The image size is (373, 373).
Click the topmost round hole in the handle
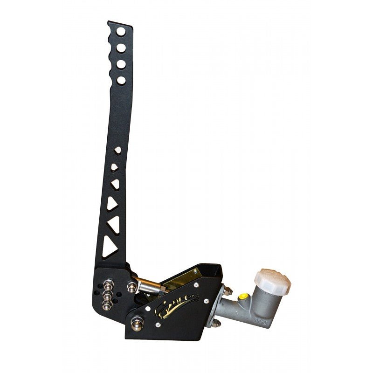[120, 32]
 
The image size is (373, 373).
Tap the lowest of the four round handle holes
[121, 80]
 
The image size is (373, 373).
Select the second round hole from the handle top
[120, 48]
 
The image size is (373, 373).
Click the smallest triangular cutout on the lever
[117, 149]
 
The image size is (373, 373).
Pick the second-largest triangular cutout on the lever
[114, 224]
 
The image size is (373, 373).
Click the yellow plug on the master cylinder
[243, 297]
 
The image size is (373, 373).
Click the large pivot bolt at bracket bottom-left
[138, 320]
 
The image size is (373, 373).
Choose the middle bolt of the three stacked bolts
[107, 296]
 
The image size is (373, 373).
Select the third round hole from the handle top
[120, 64]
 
